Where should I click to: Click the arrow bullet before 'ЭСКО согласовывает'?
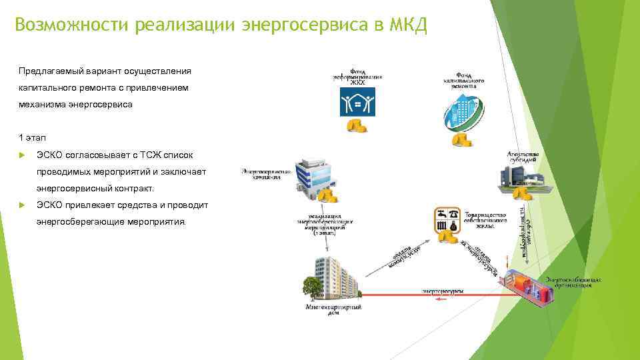[21, 155]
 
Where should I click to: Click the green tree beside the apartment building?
[311, 286]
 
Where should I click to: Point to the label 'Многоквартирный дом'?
[333, 310]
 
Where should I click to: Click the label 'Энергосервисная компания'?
[267, 175]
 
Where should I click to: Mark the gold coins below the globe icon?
[461, 139]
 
